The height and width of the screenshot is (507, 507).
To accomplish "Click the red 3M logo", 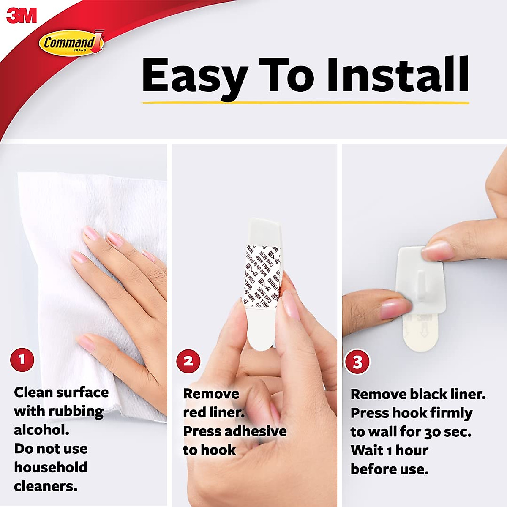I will (22, 16).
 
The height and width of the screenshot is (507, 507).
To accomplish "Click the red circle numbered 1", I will (22, 360).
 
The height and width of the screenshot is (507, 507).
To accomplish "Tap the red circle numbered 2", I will (188, 361).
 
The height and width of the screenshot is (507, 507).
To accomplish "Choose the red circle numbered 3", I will (357, 362).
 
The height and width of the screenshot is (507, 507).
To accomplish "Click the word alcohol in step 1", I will (41, 430).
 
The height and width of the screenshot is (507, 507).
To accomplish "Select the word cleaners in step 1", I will (46, 486).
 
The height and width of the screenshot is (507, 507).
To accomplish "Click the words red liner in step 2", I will (213, 413).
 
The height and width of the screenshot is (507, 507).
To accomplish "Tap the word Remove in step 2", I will (211, 394).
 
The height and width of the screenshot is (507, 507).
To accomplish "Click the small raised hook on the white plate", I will (419, 287).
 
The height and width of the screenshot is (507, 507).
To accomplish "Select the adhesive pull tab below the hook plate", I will (422, 334).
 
